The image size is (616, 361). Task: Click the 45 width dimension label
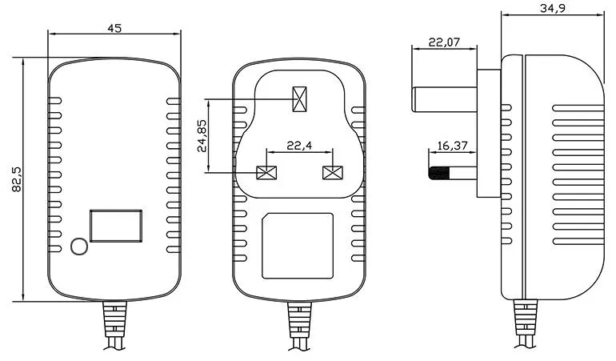tap(114, 28)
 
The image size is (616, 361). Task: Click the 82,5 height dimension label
tap(17, 179)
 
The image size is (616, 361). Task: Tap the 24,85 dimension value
tap(202, 135)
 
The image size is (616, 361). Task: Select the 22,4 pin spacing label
tap(299, 146)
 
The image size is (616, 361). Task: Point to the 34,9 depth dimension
tap(553, 8)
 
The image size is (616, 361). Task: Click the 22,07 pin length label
tap(444, 42)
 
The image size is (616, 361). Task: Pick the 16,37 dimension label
tap(452, 146)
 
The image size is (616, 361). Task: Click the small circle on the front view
tap(79, 247)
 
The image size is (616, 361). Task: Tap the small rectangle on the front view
tap(116, 226)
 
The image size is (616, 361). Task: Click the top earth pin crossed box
tap(300, 99)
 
